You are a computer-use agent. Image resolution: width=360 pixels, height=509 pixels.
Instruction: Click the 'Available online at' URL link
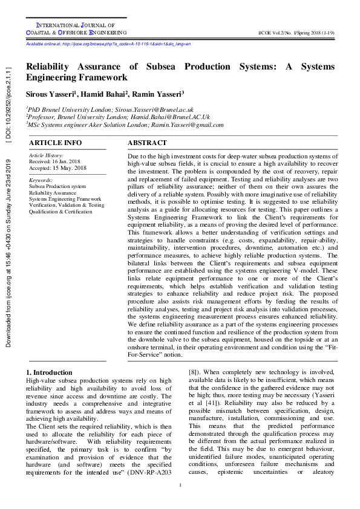click(x=108, y=45)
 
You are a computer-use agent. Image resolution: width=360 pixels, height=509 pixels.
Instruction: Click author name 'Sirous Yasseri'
click(x=51, y=94)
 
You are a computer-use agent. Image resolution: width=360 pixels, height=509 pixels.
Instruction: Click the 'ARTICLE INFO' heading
click(x=56, y=143)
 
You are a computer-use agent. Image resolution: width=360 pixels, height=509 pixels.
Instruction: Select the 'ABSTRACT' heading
click(x=147, y=143)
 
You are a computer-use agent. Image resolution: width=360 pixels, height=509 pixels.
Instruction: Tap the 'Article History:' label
click(x=46, y=155)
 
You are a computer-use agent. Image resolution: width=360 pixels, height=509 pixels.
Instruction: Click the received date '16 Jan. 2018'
click(x=69, y=161)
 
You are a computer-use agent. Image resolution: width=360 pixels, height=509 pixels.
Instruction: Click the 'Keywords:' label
click(x=41, y=180)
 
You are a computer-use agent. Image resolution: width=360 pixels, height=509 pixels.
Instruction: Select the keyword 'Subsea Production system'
click(x=57, y=187)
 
